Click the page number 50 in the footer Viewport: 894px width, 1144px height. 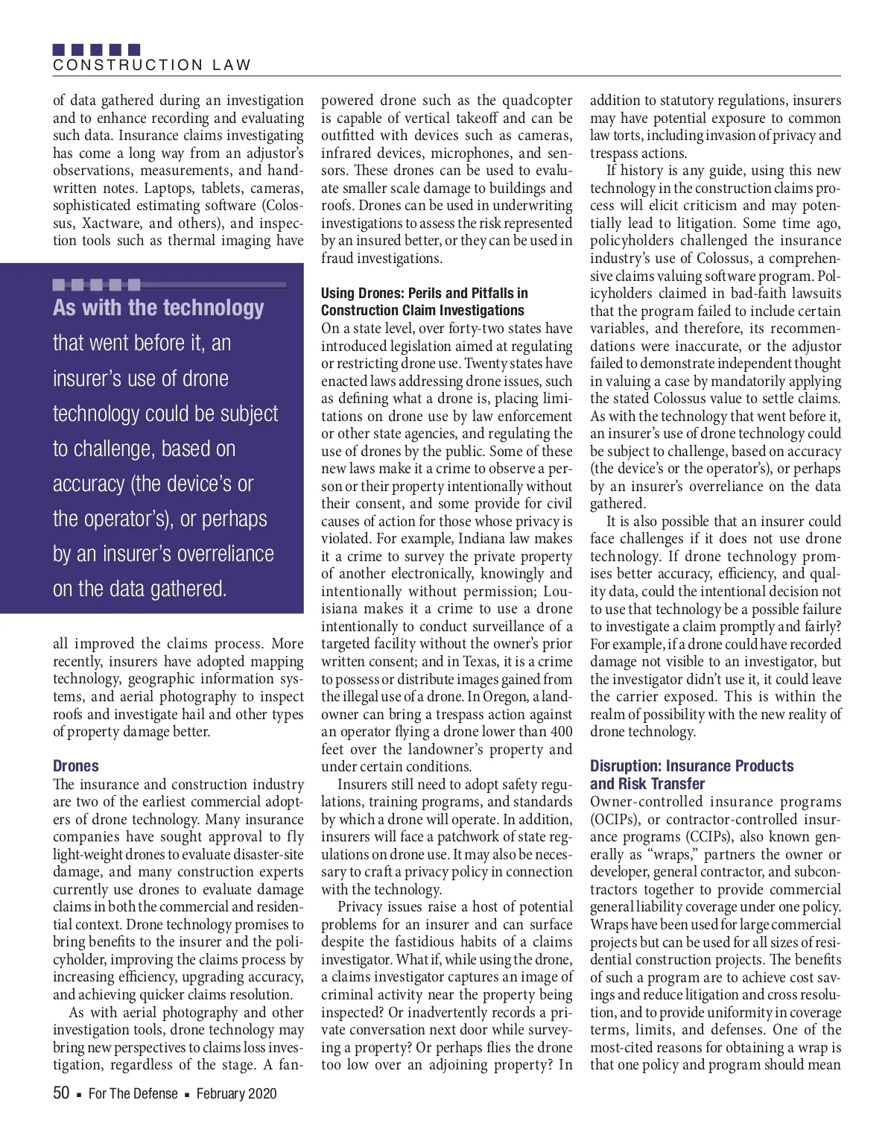point(61,1093)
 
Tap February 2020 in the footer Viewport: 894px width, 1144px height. point(236,1093)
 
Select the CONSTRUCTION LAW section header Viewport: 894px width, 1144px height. point(152,65)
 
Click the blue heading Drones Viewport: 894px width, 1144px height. point(75,765)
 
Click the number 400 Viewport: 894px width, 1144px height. point(559,732)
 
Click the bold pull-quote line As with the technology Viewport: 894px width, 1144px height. point(158,307)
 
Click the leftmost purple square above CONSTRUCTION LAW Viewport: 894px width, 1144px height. point(59,50)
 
